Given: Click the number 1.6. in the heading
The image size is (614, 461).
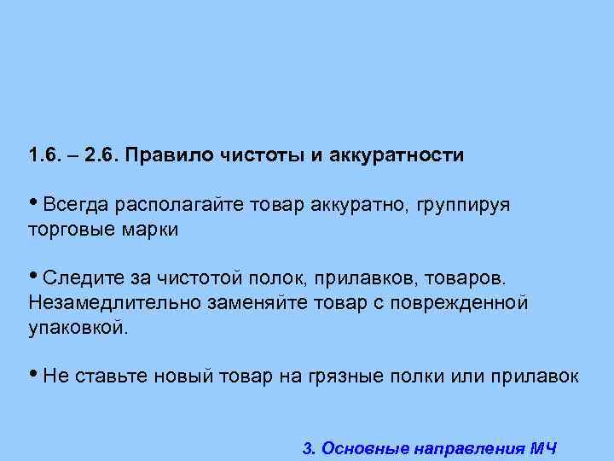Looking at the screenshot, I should tap(43, 156).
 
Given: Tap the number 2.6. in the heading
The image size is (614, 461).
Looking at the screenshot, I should tap(106, 156).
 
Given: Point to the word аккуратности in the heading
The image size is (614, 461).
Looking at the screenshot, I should tap(391, 156).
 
